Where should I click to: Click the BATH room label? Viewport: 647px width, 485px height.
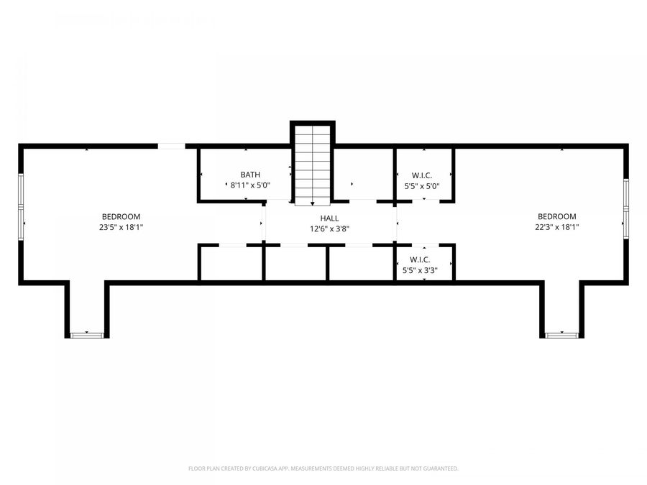click(250, 175)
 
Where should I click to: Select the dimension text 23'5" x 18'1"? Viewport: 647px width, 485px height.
click(121, 227)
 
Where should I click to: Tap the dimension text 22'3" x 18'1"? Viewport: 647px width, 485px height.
click(556, 227)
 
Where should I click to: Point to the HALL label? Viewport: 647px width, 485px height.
click(329, 218)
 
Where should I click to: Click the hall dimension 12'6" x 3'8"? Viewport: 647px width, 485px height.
click(329, 229)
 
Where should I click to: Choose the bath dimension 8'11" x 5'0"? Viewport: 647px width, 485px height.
click(250, 185)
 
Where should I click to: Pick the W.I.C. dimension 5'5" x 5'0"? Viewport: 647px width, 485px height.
click(422, 186)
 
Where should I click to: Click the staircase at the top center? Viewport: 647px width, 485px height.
click(312, 164)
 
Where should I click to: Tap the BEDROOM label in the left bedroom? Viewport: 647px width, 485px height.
click(121, 216)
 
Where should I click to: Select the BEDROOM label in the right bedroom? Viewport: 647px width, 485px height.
click(556, 216)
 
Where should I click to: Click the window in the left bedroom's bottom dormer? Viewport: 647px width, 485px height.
click(87, 335)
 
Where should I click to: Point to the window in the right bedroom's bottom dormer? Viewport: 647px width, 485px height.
click(561, 335)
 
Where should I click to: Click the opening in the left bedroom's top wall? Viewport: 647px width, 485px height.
click(172, 146)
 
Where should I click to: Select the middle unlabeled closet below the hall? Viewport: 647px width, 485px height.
click(295, 264)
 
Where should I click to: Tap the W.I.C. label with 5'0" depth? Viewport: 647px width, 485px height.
click(422, 175)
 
